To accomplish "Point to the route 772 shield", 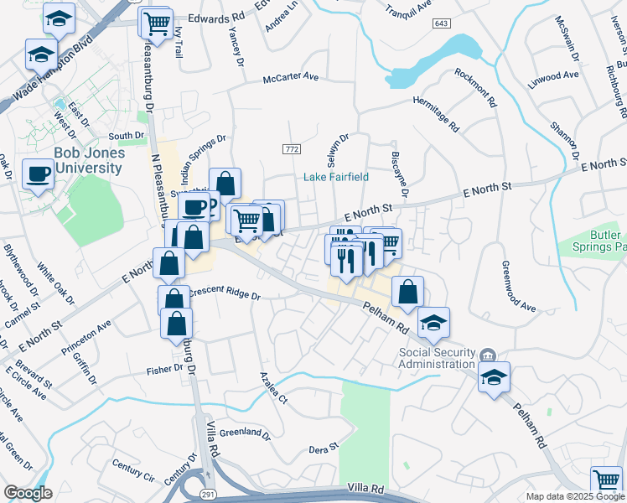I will [x=291, y=148].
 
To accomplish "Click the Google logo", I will [x=27, y=493].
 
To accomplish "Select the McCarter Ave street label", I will [x=291, y=76].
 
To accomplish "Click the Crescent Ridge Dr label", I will [x=225, y=295].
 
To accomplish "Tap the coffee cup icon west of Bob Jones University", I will [x=38, y=174].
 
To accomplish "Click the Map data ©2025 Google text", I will [x=575, y=496].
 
